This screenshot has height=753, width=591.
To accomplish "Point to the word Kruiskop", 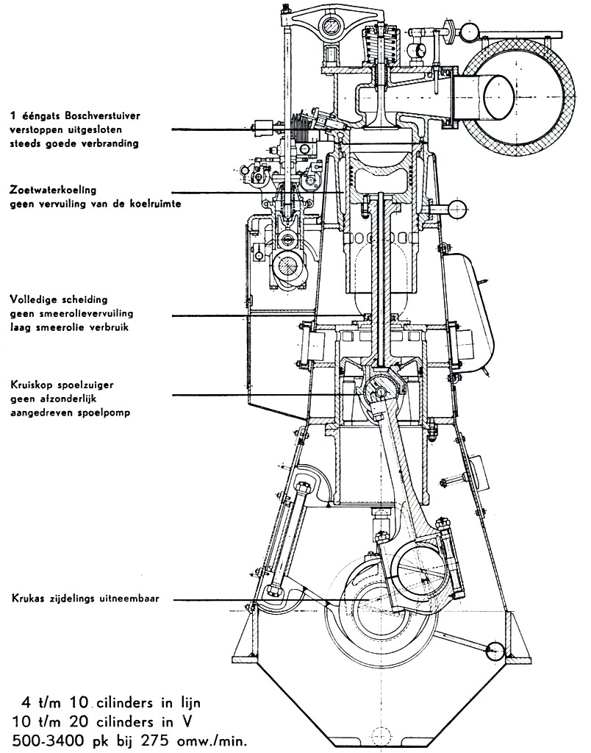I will [x=33, y=385].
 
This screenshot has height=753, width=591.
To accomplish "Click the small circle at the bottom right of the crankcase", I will [x=495, y=650].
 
